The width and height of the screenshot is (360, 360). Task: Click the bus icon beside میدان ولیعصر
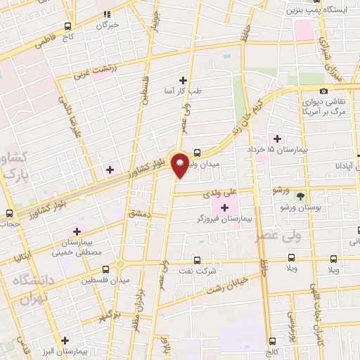tap(197, 152)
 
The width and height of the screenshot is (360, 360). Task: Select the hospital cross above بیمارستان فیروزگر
tap(225, 207)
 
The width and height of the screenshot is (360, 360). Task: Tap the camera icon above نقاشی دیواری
tap(323, 91)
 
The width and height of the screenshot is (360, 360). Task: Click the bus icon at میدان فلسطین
tap(105, 269)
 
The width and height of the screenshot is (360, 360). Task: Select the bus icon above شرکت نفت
tap(197, 259)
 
